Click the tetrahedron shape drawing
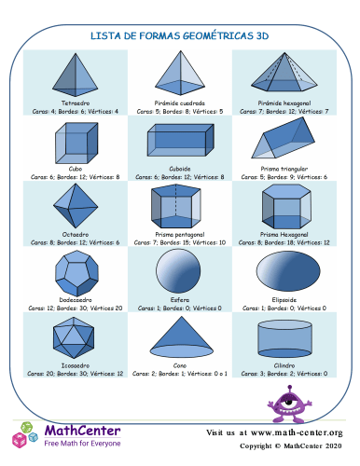pos(75,75)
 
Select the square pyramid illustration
pos(179,75)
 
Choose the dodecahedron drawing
pos(75,271)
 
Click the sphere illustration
pos(179,270)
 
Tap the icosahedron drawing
pos(75,336)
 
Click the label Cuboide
pos(179,169)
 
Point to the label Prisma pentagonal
pos(179,235)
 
